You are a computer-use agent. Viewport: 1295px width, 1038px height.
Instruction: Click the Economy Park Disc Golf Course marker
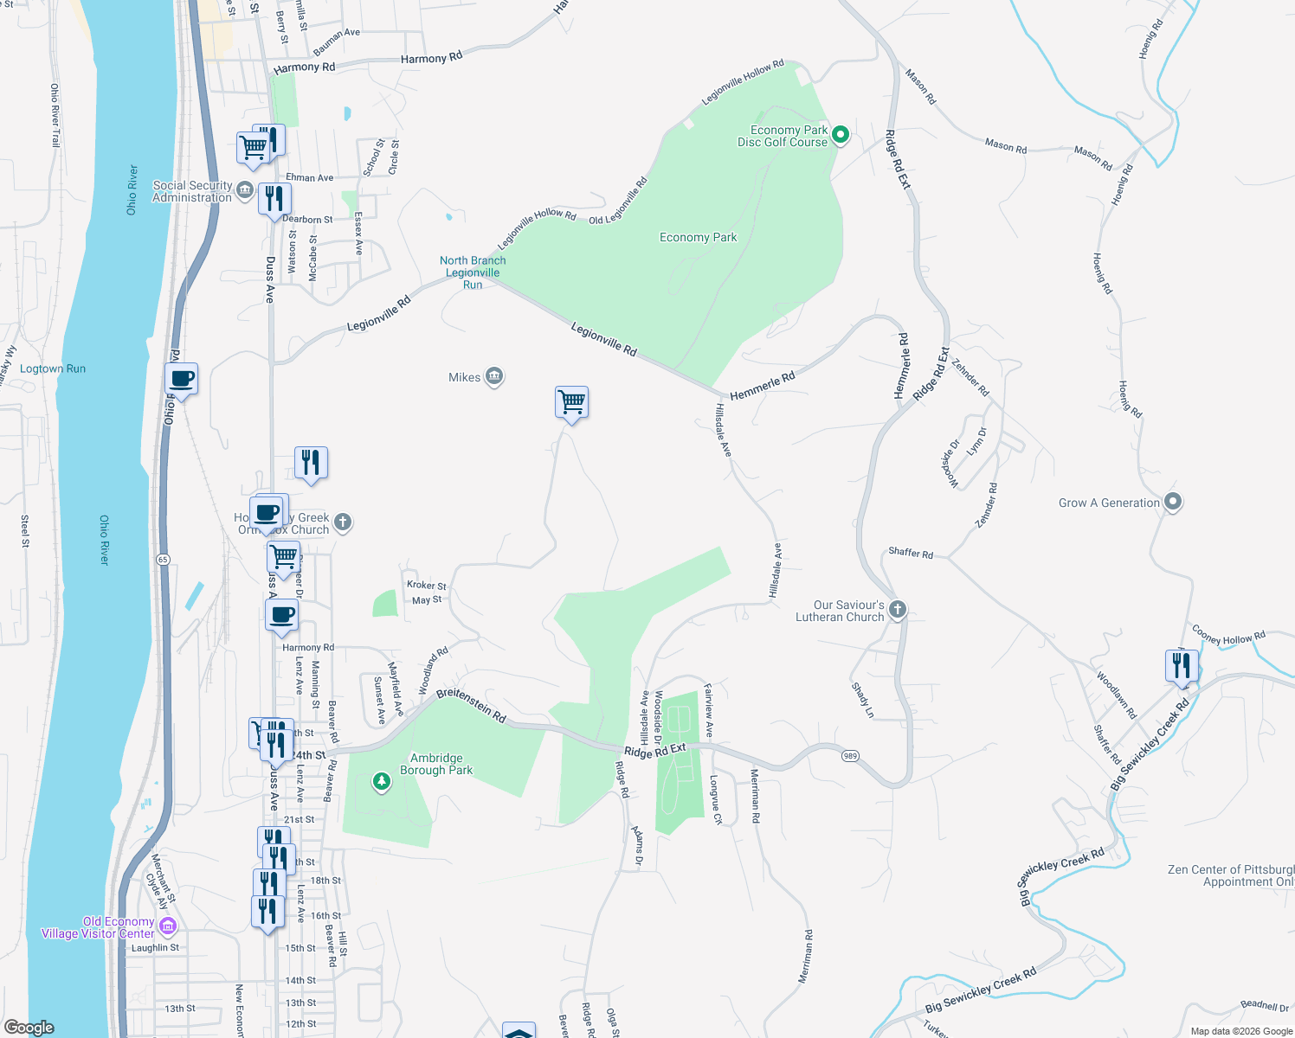click(x=840, y=135)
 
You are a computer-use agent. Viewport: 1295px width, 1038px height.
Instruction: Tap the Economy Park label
click(x=698, y=238)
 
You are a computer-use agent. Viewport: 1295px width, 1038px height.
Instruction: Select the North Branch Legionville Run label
click(x=473, y=272)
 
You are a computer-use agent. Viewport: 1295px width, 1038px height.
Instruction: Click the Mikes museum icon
click(x=494, y=376)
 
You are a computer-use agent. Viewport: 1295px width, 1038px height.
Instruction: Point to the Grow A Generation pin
click(x=1173, y=502)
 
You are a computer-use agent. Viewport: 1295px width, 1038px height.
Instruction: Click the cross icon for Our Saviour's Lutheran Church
click(x=898, y=610)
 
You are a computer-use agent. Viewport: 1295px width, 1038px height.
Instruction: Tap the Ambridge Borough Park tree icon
click(x=381, y=782)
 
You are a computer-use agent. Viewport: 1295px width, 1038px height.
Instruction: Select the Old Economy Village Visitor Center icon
click(x=168, y=926)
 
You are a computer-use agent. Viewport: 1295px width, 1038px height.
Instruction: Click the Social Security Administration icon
click(x=244, y=190)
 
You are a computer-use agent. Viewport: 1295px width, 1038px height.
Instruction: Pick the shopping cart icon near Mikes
click(x=571, y=402)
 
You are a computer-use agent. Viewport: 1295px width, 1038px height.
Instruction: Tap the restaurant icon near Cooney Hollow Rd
click(x=1182, y=665)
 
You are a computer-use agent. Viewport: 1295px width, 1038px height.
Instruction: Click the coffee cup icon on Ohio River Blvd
click(x=182, y=378)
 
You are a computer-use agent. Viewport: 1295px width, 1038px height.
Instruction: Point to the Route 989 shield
click(x=850, y=756)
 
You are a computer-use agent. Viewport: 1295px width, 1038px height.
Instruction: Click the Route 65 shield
click(x=163, y=560)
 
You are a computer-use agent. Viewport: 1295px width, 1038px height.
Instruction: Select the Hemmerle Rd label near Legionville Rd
click(x=762, y=387)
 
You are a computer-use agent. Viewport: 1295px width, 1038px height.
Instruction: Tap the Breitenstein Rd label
click(x=471, y=704)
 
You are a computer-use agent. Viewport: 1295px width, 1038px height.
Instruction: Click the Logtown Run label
click(x=53, y=368)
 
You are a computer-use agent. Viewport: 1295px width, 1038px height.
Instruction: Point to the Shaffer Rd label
click(x=911, y=553)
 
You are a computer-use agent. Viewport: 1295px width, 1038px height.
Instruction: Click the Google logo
click(x=29, y=1028)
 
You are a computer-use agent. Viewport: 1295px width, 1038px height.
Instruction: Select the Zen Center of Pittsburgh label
click(x=1230, y=875)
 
